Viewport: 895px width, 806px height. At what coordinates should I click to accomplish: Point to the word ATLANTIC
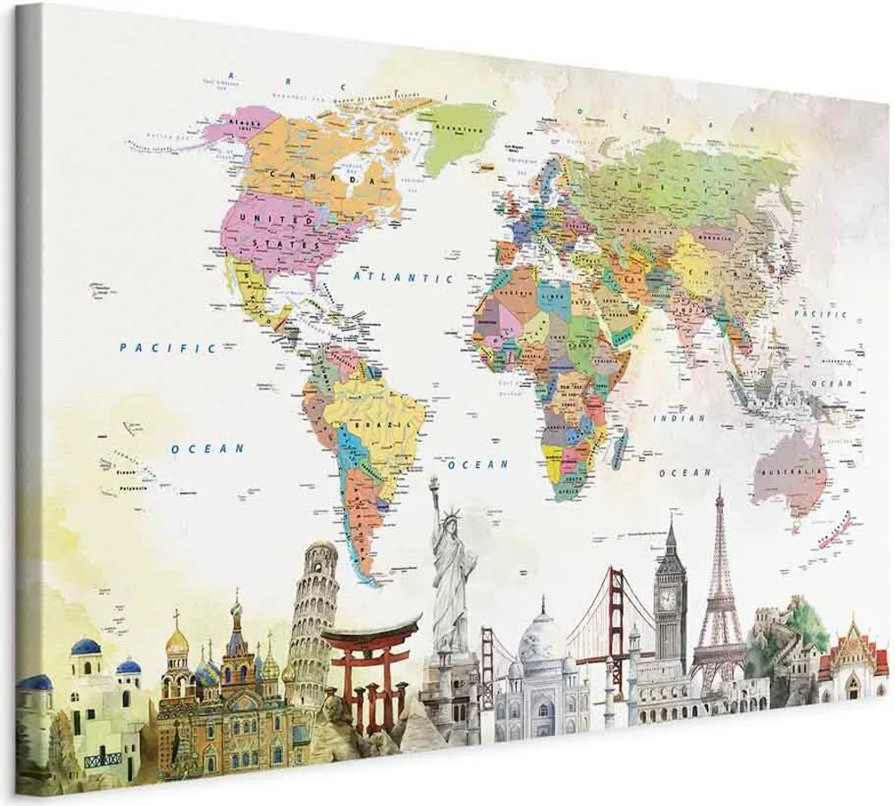tap(403, 275)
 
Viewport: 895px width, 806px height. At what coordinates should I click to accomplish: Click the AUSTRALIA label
tap(793, 472)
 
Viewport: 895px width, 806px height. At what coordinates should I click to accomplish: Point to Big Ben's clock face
tap(668, 599)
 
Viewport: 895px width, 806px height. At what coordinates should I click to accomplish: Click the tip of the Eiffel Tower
tap(719, 492)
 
